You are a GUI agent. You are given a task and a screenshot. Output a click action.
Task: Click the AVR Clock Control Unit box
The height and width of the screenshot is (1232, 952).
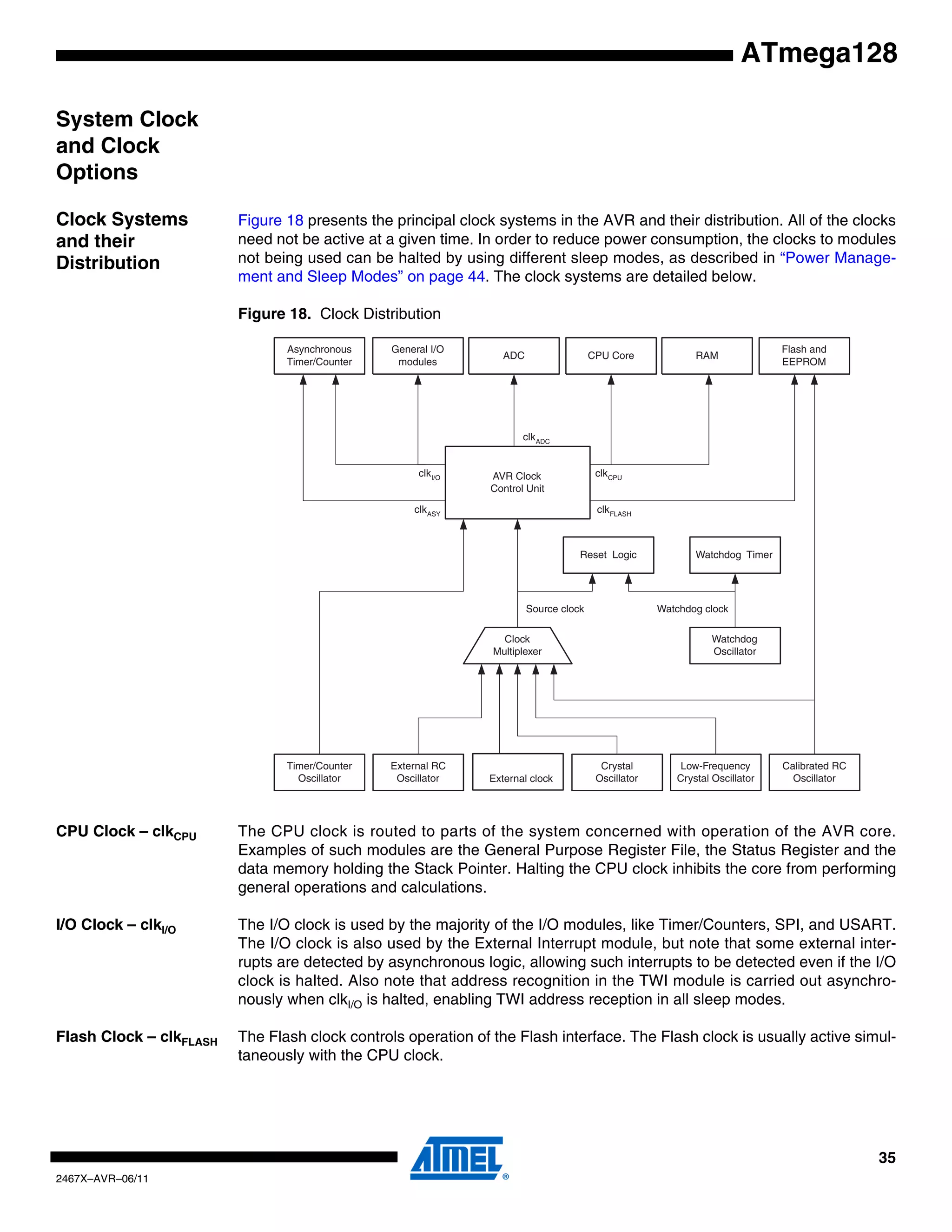517,482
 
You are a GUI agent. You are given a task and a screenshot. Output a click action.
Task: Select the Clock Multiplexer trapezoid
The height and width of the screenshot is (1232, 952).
517,645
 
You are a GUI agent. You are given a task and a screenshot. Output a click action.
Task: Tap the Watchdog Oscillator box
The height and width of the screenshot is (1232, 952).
734,645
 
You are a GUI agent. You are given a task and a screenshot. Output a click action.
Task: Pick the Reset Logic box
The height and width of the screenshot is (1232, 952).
608,555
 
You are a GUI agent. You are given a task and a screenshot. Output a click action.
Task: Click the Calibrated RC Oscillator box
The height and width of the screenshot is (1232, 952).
814,772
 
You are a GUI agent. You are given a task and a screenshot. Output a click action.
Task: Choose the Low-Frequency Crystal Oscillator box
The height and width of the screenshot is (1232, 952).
715,772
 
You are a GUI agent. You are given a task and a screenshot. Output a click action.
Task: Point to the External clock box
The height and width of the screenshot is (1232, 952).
518,772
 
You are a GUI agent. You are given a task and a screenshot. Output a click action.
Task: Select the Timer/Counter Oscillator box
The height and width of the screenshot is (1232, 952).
319,772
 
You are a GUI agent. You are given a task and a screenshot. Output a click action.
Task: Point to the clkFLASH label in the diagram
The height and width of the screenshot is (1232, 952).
614,510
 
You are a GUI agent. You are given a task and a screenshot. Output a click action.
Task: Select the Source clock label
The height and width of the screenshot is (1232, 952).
555,609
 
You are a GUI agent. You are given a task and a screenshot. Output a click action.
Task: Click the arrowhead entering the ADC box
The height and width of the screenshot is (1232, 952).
514,380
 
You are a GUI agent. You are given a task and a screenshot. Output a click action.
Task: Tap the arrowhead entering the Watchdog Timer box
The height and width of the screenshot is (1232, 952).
735,579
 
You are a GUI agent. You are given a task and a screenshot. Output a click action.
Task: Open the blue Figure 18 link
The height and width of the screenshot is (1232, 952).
270,220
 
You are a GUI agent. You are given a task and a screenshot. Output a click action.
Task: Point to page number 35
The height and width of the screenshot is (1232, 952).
886,1158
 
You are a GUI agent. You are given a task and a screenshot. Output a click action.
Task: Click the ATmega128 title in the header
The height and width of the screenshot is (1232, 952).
818,53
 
